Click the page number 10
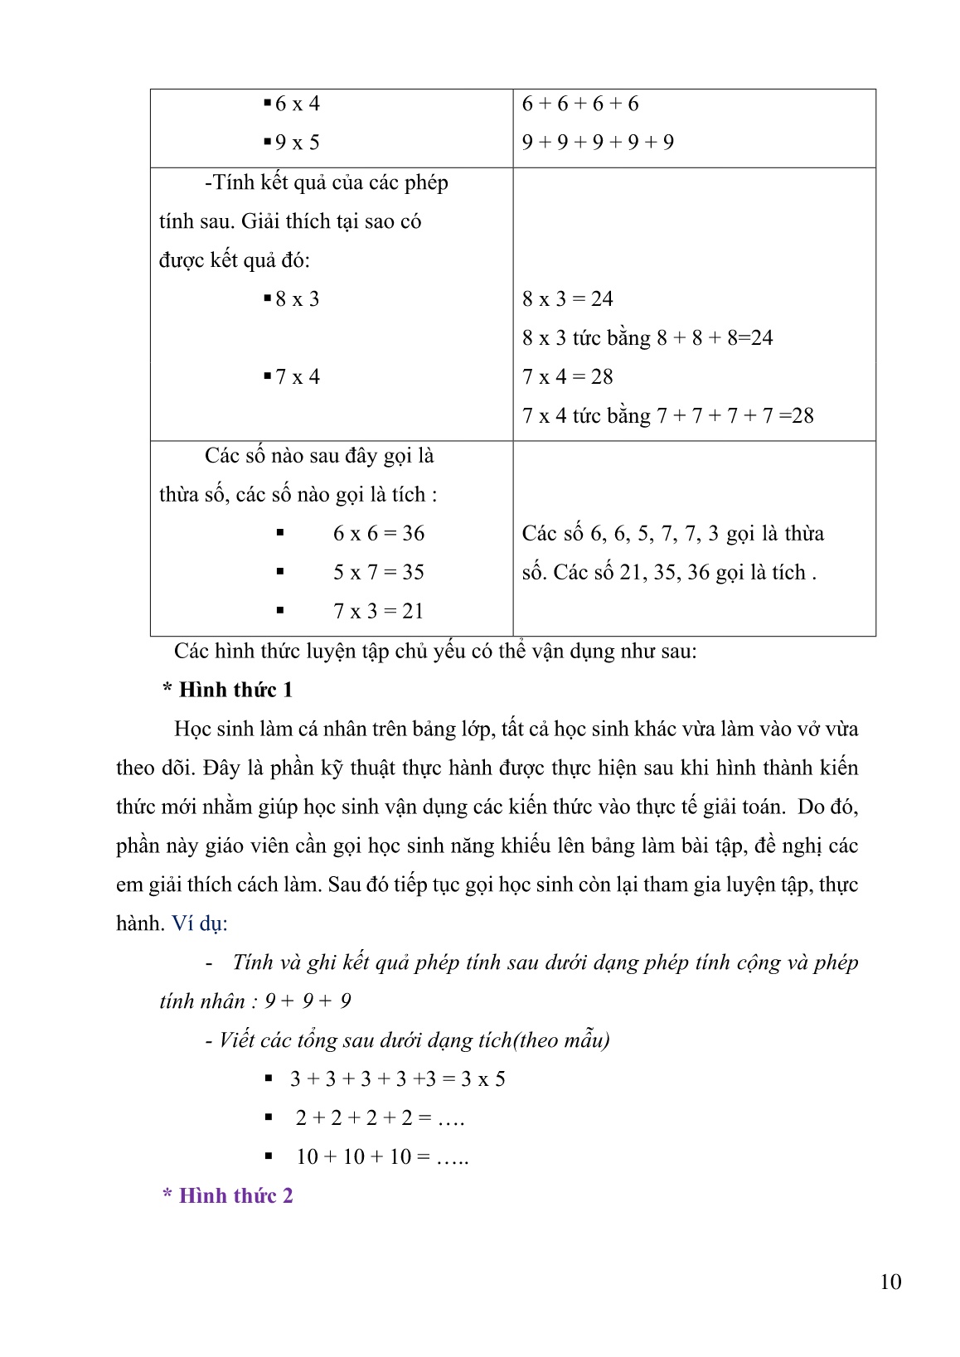(x=890, y=1282)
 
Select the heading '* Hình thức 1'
(x=227, y=690)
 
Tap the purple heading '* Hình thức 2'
(x=227, y=1195)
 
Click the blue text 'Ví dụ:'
(x=200, y=923)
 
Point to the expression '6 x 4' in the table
(x=297, y=104)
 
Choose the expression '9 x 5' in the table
(x=297, y=143)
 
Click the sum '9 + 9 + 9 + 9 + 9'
(x=598, y=143)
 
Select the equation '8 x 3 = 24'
(x=567, y=298)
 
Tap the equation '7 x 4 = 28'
(x=567, y=376)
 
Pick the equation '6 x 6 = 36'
(x=379, y=533)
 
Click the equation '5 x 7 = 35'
(x=379, y=572)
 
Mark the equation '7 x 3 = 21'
(x=379, y=611)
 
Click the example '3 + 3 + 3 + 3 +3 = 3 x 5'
(x=398, y=1078)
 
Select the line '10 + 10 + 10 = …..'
(x=382, y=1156)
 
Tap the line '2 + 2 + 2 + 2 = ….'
(x=380, y=1117)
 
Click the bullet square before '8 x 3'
(x=268, y=298)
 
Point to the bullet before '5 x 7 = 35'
(x=280, y=571)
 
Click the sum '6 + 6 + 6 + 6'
(x=580, y=104)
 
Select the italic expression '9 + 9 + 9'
(x=308, y=1001)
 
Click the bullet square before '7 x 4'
(x=268, y=376)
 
